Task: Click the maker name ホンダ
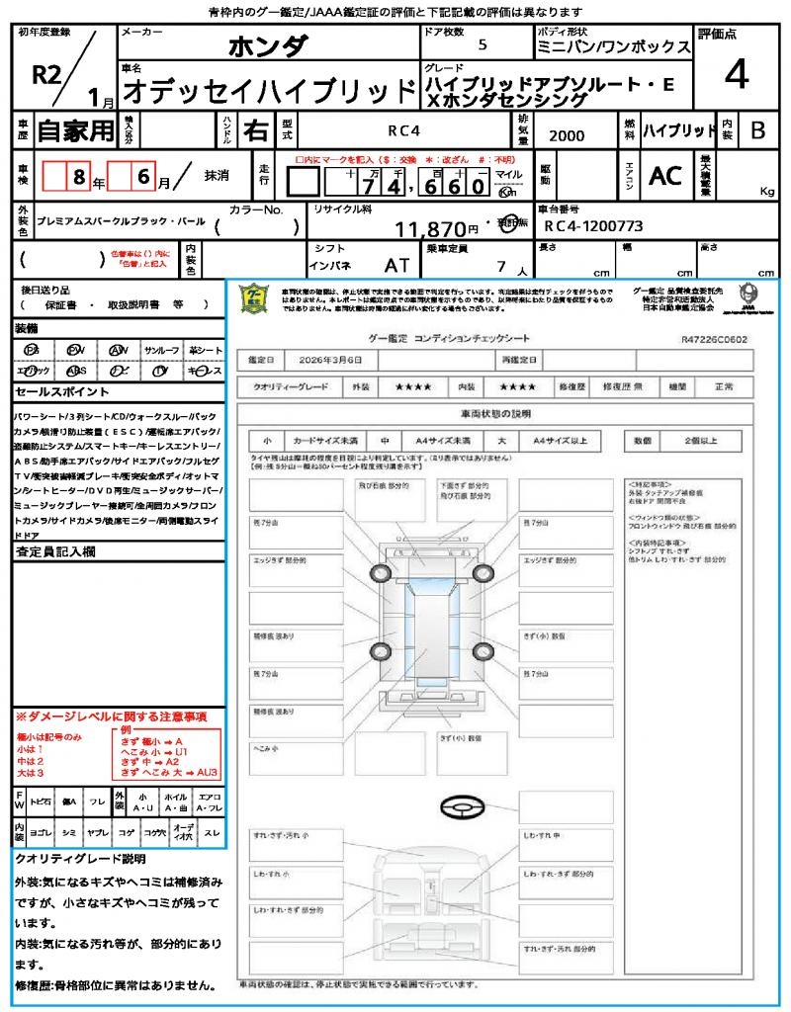pos(269,47)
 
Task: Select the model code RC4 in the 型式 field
pos(402,129)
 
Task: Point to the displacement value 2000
pos(566,135)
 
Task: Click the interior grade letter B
pos(757,129)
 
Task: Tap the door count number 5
pos(482,45)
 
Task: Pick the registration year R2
pos(47,74)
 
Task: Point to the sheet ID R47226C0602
pos(714,338)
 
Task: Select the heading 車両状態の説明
pos(495,412)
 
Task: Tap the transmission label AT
pos(397,265)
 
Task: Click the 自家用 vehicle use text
pos(75,129)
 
